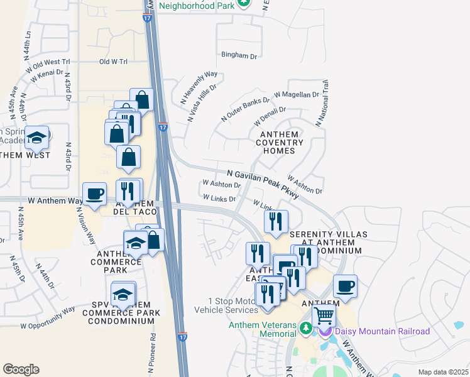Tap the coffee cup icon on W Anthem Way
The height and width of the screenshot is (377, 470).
[95, 194]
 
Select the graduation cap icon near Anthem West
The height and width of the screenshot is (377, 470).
[37, 137]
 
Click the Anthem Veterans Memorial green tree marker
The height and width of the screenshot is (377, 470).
[306, 327]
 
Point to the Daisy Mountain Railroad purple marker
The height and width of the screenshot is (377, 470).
[325, 331]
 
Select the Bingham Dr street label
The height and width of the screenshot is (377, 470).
[239, 56]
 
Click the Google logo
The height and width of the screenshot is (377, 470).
[21, 369]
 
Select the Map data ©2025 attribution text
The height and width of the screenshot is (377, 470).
[442, 372]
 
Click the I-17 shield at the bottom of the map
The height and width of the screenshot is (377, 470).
[182, 337]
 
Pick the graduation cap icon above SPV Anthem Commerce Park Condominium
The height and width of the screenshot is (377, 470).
[123, 293]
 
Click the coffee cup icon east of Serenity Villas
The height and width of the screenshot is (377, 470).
[345, 286]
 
